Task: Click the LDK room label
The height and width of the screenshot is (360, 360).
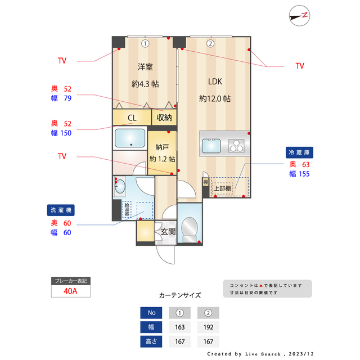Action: click(215, 82)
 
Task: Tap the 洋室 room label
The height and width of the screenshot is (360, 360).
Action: click(145, 67)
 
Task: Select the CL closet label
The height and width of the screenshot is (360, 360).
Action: click(132, 118)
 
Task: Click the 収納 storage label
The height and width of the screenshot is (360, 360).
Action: click(164, 118)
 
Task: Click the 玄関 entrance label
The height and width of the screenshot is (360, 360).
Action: click(168, 231)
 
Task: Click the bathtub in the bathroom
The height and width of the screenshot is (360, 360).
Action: click(130, 138)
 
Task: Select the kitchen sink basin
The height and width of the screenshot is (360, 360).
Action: click(212, 146)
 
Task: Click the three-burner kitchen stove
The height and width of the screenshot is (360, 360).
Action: click(237, 147)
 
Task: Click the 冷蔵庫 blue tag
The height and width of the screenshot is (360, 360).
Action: click(300, 152)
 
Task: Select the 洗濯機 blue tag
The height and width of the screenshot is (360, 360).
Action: click(61, 210)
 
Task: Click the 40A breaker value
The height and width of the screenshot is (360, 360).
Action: click(70, 291)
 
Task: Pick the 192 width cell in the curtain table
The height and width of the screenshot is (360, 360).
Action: click(208, 327)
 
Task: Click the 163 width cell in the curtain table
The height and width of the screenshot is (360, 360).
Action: click(180, 327)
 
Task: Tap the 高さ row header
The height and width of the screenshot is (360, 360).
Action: click(151, 341)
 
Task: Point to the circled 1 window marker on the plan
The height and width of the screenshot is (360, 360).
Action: click(145, 43)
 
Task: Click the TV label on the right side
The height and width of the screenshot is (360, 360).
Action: click(300, 66)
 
